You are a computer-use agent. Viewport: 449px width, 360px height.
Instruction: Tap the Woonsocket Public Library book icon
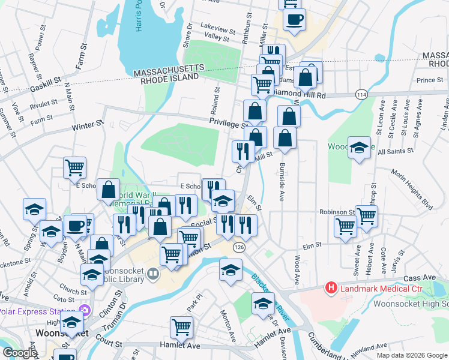click(153, 275)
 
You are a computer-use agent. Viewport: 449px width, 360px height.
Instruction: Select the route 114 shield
click(361, 95)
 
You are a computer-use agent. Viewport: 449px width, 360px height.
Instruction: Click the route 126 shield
click(240, 247)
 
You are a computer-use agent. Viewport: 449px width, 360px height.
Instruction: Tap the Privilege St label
click(229, 123)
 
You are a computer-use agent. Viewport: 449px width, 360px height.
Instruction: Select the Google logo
click(20, 353)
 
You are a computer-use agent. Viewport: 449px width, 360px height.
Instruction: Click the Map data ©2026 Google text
click(412, 355)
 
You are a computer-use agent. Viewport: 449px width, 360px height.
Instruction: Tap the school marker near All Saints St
click(359, 148)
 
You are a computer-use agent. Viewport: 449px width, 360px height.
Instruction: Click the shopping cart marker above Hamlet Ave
click(181, 328)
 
